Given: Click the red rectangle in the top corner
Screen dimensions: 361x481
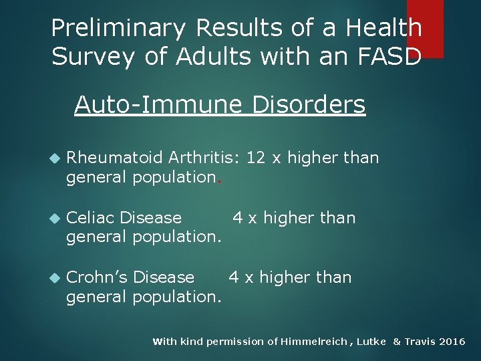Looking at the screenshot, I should (425, 27).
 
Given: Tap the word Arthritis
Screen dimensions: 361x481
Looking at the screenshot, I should (203, 158).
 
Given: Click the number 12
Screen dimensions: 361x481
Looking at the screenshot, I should (256, 158).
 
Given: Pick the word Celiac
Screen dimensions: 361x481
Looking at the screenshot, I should (90, 218).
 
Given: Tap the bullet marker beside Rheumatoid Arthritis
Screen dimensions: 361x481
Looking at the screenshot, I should (55, 158).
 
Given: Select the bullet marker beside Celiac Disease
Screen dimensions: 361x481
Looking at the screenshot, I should (55, 219).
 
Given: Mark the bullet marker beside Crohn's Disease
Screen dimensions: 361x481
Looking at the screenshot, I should (55, 278).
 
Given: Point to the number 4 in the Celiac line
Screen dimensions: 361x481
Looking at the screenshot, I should (236, 218).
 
